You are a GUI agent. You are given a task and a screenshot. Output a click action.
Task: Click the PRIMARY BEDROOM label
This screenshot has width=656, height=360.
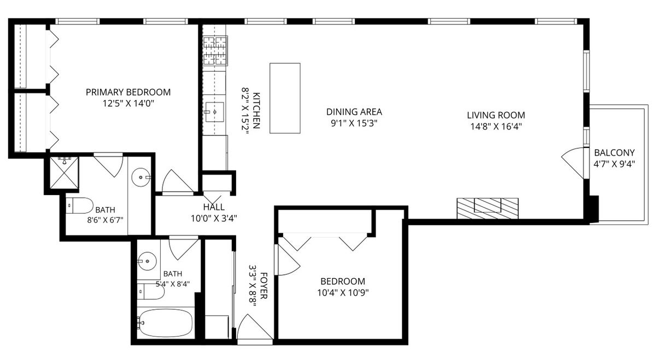click(128, 92)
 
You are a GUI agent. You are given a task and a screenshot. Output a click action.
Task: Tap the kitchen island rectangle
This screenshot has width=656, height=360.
click(285, 98)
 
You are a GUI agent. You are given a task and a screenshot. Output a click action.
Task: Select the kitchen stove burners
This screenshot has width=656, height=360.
click(215, 50)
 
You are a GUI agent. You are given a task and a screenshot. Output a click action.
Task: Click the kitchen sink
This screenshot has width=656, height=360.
click(215, 112)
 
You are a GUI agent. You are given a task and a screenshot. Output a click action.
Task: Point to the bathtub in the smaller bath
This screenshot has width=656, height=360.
click(166, 323)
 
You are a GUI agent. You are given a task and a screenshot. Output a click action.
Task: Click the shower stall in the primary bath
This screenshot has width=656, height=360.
click(64, 173)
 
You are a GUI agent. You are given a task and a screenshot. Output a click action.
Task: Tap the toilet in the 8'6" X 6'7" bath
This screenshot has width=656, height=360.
click(79, 205)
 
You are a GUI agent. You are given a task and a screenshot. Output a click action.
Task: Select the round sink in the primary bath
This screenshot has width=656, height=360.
click(141, 177)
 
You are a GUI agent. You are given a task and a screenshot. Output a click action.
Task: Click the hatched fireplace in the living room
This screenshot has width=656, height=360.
click(488, 208)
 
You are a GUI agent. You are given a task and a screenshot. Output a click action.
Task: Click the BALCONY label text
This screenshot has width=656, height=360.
click(614, 153)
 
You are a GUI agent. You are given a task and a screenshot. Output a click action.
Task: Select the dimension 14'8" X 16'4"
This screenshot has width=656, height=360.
click(496, 126)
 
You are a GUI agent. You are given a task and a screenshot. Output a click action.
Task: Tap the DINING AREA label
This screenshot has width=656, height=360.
click(354, 112)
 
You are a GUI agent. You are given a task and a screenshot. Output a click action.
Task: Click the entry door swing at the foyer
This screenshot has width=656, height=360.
click(254, 327)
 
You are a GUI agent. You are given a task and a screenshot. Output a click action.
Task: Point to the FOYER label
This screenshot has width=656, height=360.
click(264, 286)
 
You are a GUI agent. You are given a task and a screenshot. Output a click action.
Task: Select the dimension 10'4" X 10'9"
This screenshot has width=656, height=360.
click(343, 292)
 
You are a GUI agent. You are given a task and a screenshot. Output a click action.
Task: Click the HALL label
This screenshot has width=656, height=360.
click(214, 207)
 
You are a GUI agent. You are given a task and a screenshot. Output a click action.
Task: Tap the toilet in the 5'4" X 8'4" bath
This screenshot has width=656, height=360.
click(150, 292)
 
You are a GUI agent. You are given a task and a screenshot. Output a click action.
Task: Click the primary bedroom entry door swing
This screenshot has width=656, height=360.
click(177, 181)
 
